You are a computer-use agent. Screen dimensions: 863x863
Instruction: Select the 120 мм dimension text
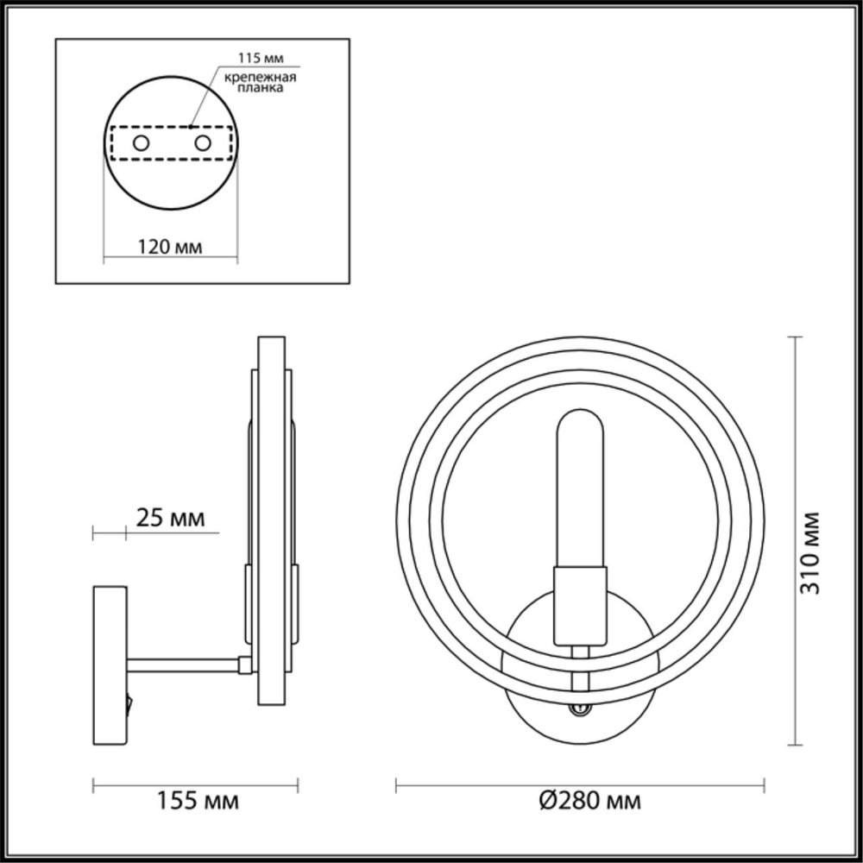(x=170, y=248)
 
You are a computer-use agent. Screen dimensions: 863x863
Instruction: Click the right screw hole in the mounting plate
(x=203, y=143)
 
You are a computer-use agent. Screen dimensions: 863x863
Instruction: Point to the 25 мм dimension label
(x=170, y=518)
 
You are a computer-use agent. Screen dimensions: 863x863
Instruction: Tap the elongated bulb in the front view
(x=581, y=488)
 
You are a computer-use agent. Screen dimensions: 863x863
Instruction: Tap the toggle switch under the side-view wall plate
(x=130, y=703)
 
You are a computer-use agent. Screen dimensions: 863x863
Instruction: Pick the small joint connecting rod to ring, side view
(x=245, y=664)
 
